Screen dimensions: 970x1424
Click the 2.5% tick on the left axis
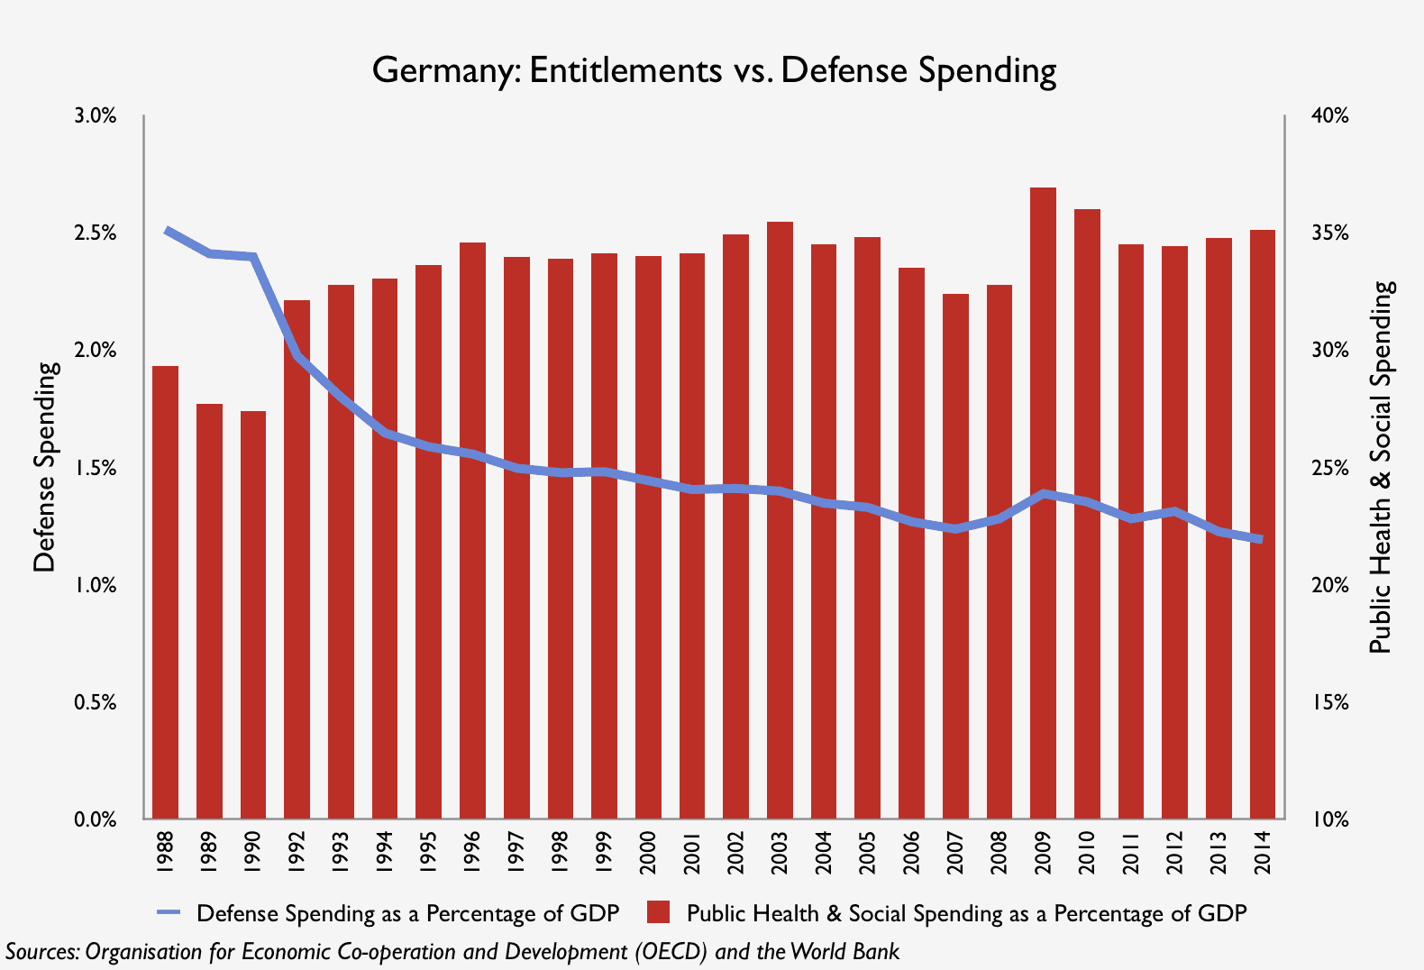coord(96,233)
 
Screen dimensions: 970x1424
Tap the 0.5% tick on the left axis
coord(96,702)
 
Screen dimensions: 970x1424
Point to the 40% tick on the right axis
coord(1329,116)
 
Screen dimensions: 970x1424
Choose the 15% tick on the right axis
coord(1329,702)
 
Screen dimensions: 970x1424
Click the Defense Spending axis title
coord(44,467)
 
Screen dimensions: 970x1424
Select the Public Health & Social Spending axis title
coord(1381,467)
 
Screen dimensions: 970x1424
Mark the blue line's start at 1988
coord(167,231)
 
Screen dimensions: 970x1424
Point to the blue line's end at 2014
coord(1261,539)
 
